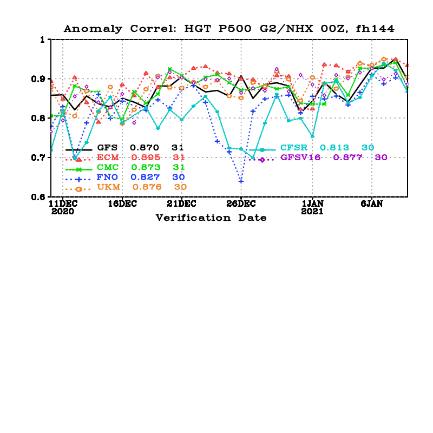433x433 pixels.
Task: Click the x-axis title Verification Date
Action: [211, 218]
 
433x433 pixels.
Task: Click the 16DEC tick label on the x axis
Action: [121, 204]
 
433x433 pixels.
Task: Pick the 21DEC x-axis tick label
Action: [181, 204]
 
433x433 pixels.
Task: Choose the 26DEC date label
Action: [240, 204]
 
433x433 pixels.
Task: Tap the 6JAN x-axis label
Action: [372, 204]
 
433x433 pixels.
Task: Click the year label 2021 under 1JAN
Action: [312, 212]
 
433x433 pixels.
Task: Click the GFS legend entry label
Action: [107, 148]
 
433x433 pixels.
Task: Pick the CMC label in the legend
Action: [107, 167]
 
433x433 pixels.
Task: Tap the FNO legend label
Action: [107, 177]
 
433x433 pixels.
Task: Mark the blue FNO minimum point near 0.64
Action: [241, 181]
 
